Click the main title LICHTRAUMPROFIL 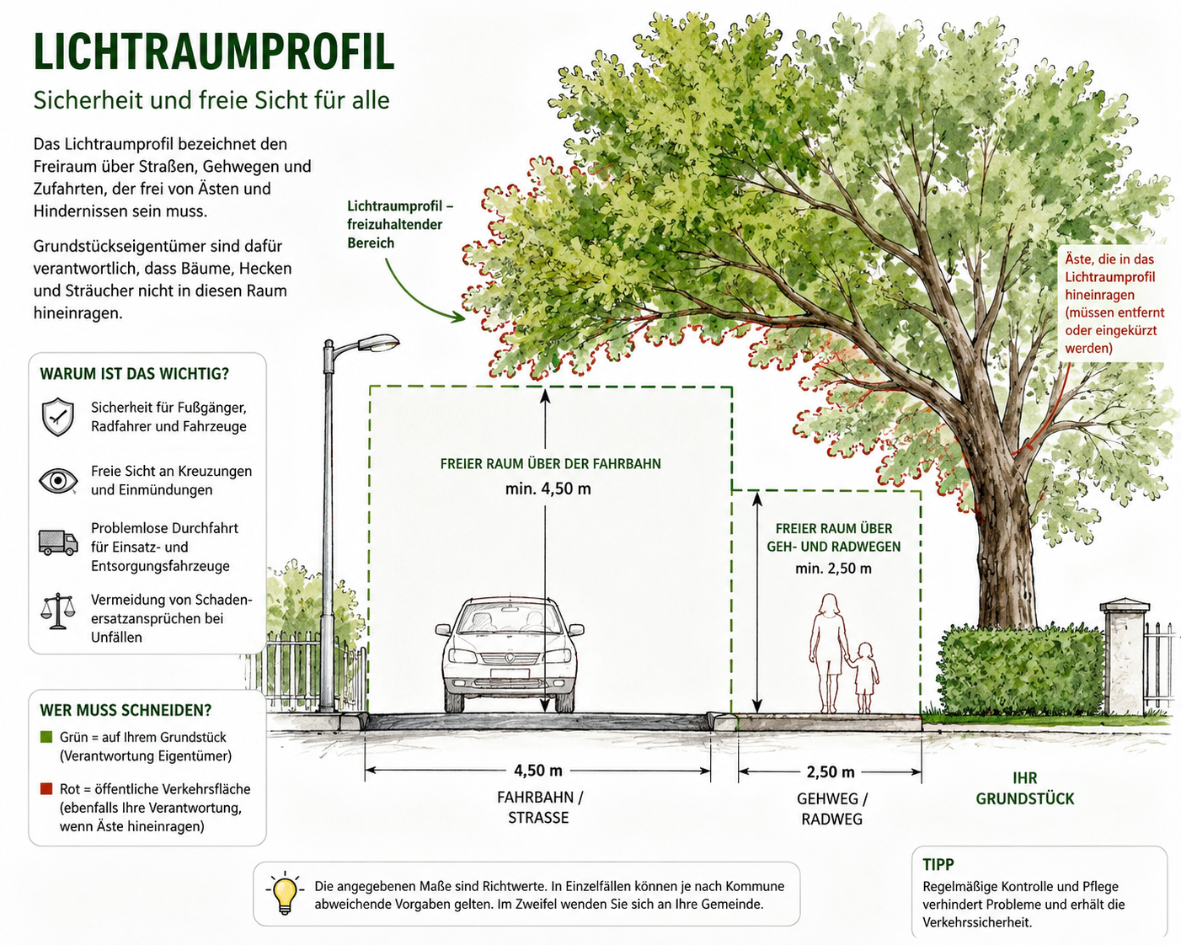(214, 52)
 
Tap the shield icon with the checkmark (57, 417)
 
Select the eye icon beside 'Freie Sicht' (58, 481)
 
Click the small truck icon (58, 542)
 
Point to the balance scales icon (57, 611)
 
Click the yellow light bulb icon (284, 894)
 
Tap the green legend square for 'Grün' (46, 736)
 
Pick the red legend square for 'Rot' (46, 788)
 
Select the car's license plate (510, 673)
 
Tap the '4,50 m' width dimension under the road (537, 771)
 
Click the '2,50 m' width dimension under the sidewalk (830, 772)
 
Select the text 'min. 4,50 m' (548, 489)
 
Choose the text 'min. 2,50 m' (833, 568)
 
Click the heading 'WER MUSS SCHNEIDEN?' (126, 710)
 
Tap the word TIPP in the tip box (938, 864)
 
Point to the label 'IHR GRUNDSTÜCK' (1024, 788)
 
